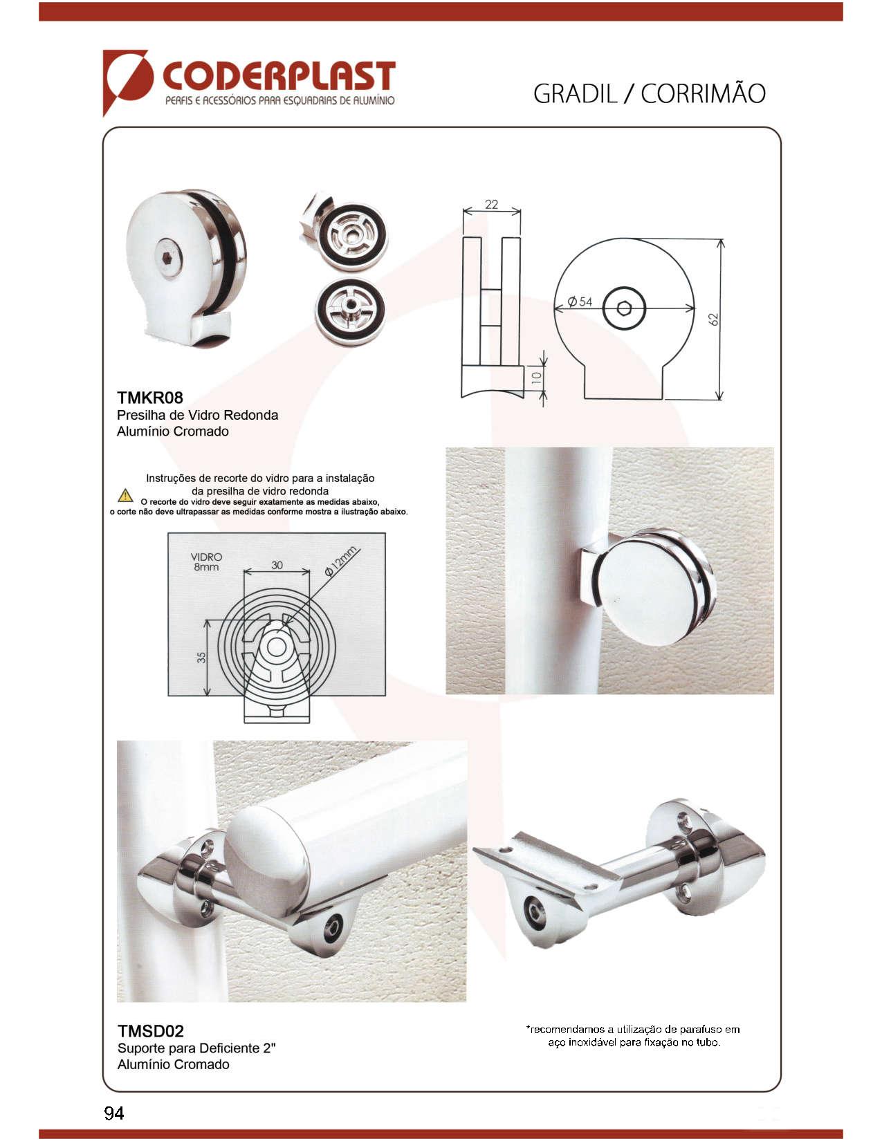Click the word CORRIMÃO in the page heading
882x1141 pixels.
pyautogui.click(x=703, y=94)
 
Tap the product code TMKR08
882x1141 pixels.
pyautogui.click(x=149, y=398)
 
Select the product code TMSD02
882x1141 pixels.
pyautogui.click(x=150, y=1031)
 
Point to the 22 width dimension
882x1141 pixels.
pyautogui.click(x=491, y=204)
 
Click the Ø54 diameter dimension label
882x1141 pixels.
pyautogui.click(x=580, y=302)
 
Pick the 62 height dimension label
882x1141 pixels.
pyautogui.click(x=713, y=319)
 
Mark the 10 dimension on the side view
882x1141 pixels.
pyautogui.click(x=536, y=378)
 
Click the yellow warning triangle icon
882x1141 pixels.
pyautogui.click(x=125, y=495)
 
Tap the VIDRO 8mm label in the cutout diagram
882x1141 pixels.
pyautogui.click(x=206, y=562)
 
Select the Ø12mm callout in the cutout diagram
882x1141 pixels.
pyautogui.click(x=341, y=562)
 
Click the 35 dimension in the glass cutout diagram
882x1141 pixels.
pyautogui.click(x=201, y=658)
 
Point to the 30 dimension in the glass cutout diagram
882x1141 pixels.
pyautogui.click(x=277, y=565)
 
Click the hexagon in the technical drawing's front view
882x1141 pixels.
pyautogui.click(x=623, y=308)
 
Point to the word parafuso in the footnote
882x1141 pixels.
pyautogui.click(x=701, y=1029)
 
